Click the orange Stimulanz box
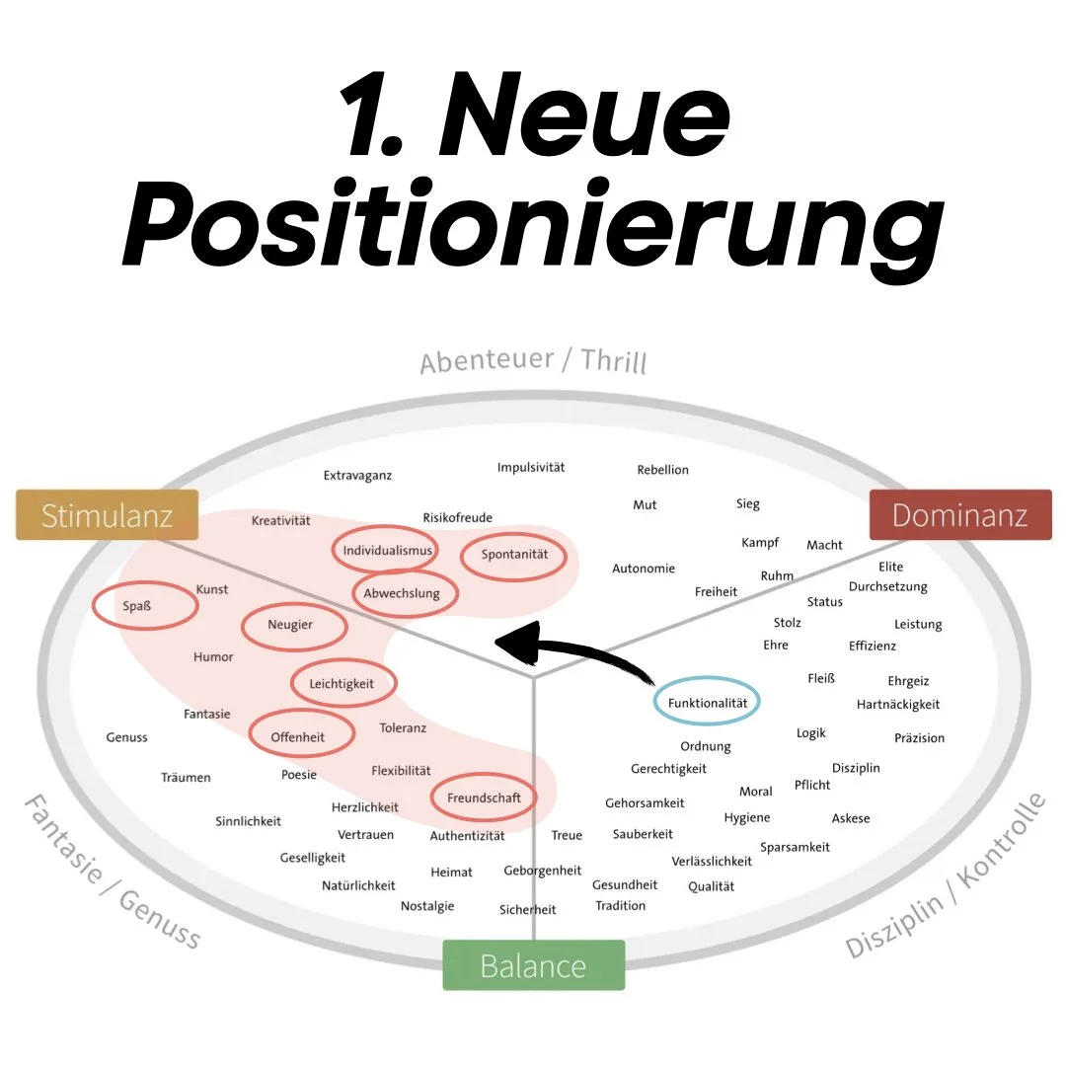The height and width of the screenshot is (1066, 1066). click(x=107, y=515)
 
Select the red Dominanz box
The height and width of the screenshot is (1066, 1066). click(x=959, y=515)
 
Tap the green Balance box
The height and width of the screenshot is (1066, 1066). click(x=533, y=965)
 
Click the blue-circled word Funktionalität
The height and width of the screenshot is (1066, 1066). click(x=707, y=702)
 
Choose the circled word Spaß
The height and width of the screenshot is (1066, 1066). click(x=144, y=606)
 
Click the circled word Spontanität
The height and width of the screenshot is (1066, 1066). click(x=514, y=555)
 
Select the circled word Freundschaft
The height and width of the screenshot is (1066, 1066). click(x=484, y=798)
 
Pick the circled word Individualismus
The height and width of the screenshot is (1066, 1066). click(x=388, y=551)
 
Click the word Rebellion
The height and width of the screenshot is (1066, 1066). click(x=663, y=470)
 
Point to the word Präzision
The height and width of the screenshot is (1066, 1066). click(x=919, y=738)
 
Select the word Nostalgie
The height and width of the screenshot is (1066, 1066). click(x=427, y=906)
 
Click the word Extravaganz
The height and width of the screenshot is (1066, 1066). click(x=357, y=476)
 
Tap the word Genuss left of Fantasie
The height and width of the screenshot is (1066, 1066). click(x=126, y=737)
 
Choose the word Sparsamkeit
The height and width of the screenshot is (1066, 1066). click(x=795, y=847)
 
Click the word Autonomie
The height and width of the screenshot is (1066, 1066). click(x=644, y=569)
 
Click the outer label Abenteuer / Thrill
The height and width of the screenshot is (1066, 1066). click(x=533, y=360)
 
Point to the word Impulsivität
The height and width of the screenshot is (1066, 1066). click(x=531, y=468)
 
